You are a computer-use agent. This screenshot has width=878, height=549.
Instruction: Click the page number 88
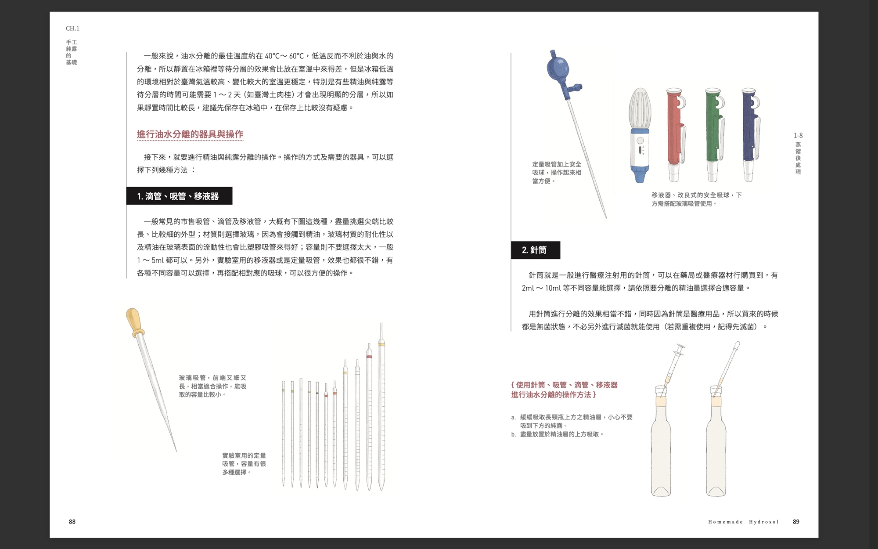point(72,522)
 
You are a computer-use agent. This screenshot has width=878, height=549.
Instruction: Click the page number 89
point(796,522)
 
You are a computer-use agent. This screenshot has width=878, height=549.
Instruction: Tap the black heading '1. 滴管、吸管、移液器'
point(179,196)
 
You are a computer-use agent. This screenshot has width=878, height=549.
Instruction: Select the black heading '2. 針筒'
point(535,250)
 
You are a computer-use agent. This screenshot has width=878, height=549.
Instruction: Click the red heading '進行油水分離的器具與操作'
point(190,134)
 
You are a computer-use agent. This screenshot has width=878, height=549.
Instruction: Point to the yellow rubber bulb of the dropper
point(135,322)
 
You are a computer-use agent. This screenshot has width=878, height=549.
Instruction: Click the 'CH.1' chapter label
point(72,29)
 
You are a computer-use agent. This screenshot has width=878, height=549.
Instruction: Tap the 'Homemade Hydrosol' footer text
point(743,522)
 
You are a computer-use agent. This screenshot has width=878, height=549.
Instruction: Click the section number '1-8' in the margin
point(798,136)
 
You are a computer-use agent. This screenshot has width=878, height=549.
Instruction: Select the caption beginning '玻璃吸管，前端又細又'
point(213,386)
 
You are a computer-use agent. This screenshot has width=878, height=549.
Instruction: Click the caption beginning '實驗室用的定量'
point(244,464)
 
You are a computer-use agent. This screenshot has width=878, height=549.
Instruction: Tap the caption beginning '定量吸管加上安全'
point(557,173)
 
